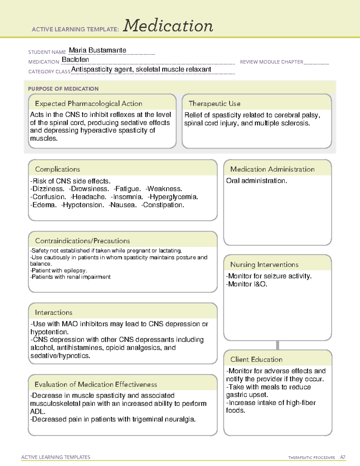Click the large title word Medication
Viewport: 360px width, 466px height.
click(x=168, y=26)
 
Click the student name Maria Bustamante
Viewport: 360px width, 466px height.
click(x=97, y=50)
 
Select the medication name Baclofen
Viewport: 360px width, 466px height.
click(x=75, y=60)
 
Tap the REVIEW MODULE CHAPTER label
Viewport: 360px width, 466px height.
click(x=271, y=62)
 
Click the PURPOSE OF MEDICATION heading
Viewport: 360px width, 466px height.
click(x=63, y=89)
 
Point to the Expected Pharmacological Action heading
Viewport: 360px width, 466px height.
click(x=88, y=104)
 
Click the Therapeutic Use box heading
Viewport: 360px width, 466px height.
click(x=214, y=104)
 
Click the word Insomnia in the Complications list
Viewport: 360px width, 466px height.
click(x=128, y=197)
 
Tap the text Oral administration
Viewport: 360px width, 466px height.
click(x=256, y=181)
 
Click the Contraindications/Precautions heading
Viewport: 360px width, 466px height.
click(x=82, y=241)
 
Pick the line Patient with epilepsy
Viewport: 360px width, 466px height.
click(x=59, y=270)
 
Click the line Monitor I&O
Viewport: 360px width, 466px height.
click(x=247, y=284)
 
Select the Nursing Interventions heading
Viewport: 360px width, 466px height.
click(x=264, y=265)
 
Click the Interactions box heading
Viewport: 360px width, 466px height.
click(x=54, y=313)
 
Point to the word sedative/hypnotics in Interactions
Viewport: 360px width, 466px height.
click(x=60, y=356)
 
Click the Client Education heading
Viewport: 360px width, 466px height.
click(x=256, y=359)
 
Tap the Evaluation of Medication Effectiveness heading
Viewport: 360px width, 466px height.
click(x=96, y=384)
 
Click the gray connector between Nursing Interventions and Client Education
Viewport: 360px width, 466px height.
click(x=277, y=345)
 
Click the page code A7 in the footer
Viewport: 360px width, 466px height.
click(x=343, y=457)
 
